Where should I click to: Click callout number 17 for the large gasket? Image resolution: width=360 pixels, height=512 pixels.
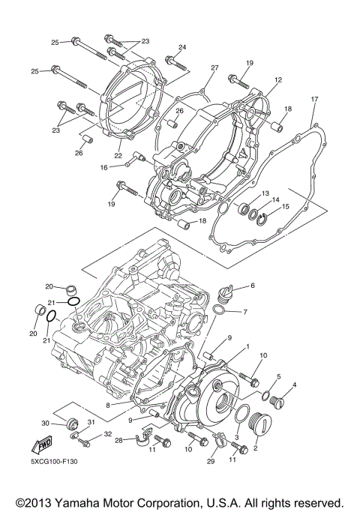pyautogui.click(x=315, y=99)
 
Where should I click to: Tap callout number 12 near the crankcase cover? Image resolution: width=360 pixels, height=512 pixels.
pyautogui.click(x=277, y=79)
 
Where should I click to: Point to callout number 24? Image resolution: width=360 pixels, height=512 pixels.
pyautogui.click(x=181, y=48)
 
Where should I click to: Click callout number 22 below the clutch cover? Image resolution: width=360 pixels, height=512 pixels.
pyautogui.click(x=118, y=156)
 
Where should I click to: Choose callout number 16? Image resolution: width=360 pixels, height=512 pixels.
pyautogui.click(x=125, y=168)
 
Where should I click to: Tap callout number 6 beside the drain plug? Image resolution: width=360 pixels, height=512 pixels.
pyautogui.click(x=253, y=286)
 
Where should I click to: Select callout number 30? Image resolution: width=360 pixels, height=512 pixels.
pyautogui.click(x=45, y=424)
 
